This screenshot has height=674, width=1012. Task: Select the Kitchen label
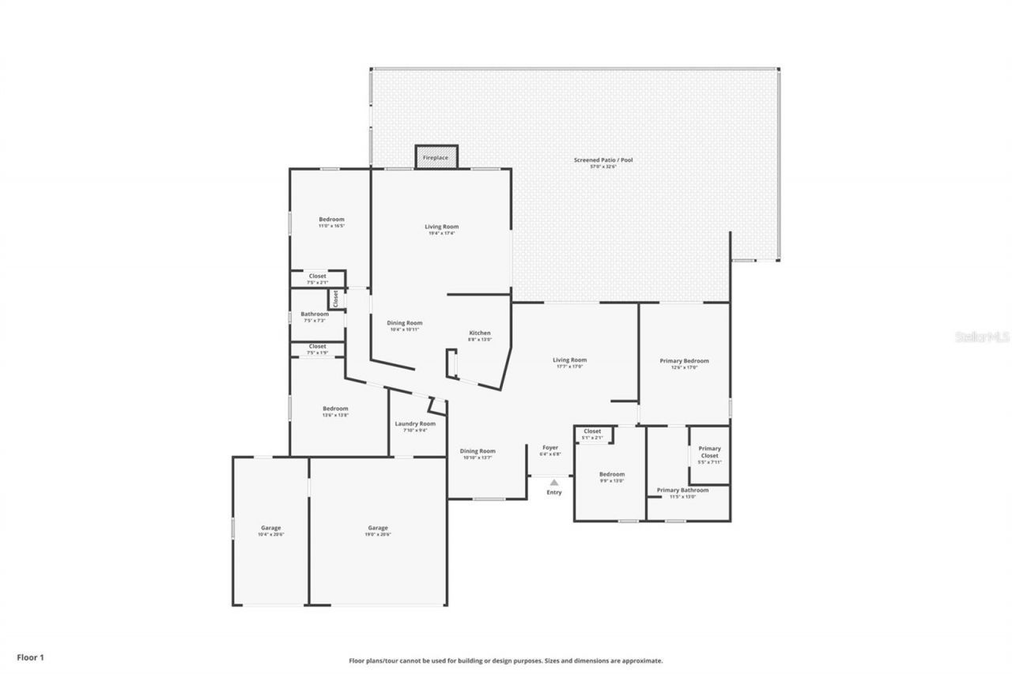point(480,336)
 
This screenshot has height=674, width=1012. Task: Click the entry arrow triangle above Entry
point(554,482)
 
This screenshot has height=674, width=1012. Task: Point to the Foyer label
point(550,450)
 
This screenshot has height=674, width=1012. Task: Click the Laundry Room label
point(415,427)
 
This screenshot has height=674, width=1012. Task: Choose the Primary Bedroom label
point(684,363)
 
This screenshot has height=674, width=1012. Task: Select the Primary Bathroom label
point(683,493)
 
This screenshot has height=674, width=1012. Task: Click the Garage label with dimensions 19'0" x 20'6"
point(378,531)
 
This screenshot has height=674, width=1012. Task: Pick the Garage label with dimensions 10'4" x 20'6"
point(270,531)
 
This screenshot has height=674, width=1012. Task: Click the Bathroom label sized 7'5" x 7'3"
point(314,317)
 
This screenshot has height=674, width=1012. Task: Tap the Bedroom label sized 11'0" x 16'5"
point(331,222)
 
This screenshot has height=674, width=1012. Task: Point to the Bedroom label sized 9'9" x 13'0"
point(611,477)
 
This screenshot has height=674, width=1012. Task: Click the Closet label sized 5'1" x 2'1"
point(592,434)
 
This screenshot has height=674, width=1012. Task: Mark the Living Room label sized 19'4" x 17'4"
point(441,229)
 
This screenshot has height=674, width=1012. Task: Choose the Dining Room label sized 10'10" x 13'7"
point(478,454)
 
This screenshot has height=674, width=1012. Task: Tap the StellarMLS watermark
point(982,337)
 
